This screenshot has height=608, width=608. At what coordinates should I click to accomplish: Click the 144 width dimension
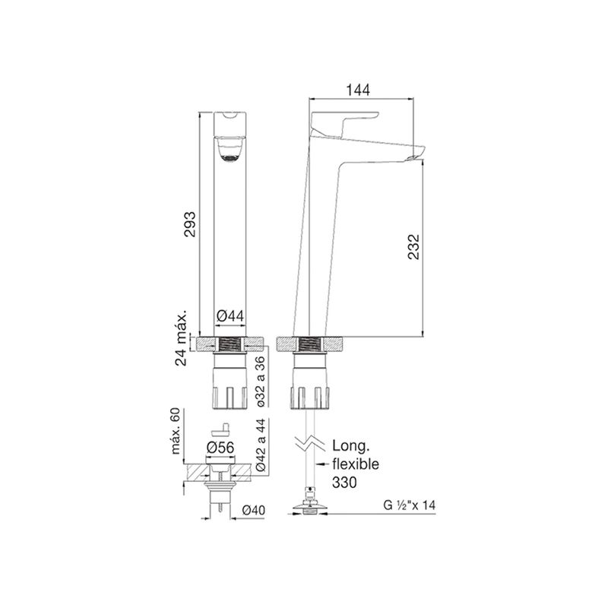coord(358,90)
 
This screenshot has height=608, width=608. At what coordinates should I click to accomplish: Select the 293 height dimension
coord(189,223)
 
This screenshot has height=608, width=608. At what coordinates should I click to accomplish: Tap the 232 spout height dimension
coord(413,246)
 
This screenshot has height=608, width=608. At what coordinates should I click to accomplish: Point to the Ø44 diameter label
coord(230,316)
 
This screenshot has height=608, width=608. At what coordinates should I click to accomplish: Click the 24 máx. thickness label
coord(181,337)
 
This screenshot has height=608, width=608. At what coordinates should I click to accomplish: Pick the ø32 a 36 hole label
coord(261,382)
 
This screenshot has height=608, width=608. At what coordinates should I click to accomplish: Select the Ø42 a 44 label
coord(261,445)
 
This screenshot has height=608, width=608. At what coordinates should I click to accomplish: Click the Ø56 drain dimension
coord(220,448)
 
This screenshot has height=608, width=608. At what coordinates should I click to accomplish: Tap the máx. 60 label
coord(176,431)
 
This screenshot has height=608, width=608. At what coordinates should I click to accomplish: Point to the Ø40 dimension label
coord(254,510)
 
